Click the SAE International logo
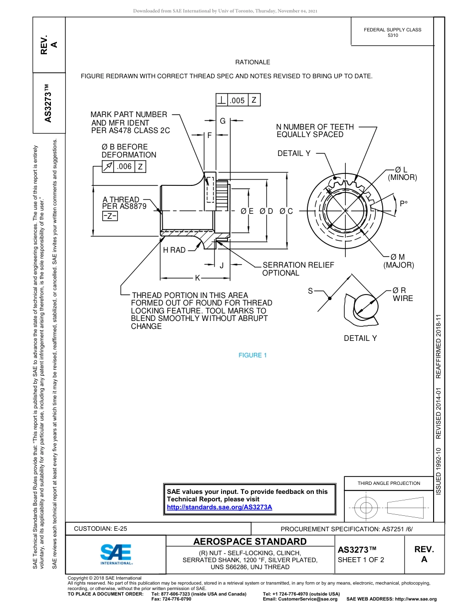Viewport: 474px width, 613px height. (116, 553)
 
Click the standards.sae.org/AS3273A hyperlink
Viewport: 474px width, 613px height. (219, 507)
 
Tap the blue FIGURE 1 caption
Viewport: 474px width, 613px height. (253, 355)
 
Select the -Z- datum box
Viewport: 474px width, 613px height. (110, 216)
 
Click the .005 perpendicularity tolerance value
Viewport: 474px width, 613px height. (237, 100)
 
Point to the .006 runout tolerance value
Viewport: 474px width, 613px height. (124, 167)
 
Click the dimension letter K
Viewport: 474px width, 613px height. (197, 278)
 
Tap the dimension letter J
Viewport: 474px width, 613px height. (222, 265)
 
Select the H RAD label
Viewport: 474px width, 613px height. (174, 250)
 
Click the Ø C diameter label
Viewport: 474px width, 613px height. (286, 211)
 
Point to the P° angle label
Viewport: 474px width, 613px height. (404, 204)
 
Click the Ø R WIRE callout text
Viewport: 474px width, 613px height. (403, 294)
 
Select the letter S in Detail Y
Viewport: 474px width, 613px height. (310, 291)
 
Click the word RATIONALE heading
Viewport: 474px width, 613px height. (252, 62)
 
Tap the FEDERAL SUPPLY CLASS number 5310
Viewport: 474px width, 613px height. (393, 35)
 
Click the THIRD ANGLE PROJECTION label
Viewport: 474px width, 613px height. (389, 483)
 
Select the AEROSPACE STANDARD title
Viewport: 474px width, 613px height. (250, 541)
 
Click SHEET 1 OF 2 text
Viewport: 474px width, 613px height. (361, 559)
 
